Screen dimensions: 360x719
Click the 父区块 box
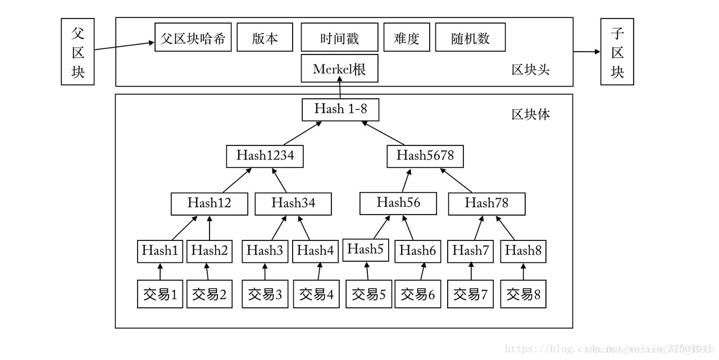78,52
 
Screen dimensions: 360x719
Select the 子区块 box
617,52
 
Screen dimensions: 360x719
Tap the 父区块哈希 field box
193,38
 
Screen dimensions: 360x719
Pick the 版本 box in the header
265,38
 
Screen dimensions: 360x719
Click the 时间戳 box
339,38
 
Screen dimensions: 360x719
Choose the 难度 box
407,38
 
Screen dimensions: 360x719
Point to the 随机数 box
470,38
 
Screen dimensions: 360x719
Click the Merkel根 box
339,69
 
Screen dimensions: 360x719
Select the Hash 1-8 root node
340,109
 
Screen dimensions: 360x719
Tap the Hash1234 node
265,156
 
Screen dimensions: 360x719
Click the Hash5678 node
425,156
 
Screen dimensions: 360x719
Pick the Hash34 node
293,203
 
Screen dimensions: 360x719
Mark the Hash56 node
398,203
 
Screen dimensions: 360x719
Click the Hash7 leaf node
470,251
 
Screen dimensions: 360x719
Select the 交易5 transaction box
368,294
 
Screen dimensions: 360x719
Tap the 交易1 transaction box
160,294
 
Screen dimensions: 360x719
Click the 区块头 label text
530,70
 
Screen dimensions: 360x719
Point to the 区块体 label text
530,115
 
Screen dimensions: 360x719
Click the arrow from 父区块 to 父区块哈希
124,46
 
